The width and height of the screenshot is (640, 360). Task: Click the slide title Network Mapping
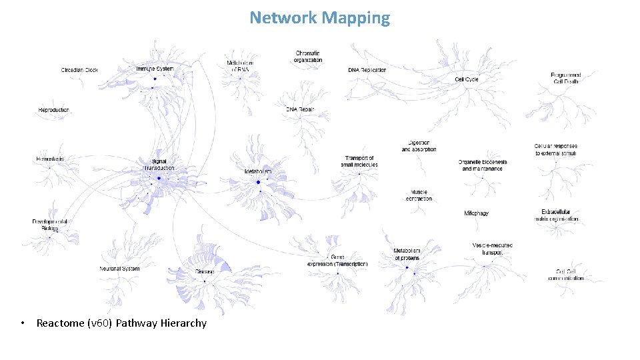coord(319,18)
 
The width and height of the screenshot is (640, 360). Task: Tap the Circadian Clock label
coord(79,70)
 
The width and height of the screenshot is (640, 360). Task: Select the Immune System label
coord(155,69)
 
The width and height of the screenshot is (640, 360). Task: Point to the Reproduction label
coord(53,110)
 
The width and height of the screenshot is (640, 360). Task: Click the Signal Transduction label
coord(159,165)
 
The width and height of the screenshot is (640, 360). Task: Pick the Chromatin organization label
coord(307,57)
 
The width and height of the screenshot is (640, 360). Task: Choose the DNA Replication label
coord(367,70)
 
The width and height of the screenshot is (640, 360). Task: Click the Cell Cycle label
coord(466,79)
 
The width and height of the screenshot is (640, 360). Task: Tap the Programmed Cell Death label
coord(565,78)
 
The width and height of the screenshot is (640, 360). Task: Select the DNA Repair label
coord(299,109)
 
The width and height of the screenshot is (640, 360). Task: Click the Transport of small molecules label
coord(359,161)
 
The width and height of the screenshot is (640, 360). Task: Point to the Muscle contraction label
coord(419,195)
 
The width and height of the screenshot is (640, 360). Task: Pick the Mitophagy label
coord(476,213)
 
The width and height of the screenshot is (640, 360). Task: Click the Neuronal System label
coord(119,269)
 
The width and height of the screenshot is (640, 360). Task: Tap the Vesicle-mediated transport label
coord(492,249)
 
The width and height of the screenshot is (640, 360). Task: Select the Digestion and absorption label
coord(419,146)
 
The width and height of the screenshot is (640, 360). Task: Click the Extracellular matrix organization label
coord(559,215)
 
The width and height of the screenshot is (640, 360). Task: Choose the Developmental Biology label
coord(49,225)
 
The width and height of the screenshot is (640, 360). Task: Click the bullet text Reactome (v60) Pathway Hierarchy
coord(121,323)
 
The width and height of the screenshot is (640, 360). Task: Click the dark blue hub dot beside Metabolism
coord(258,182)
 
